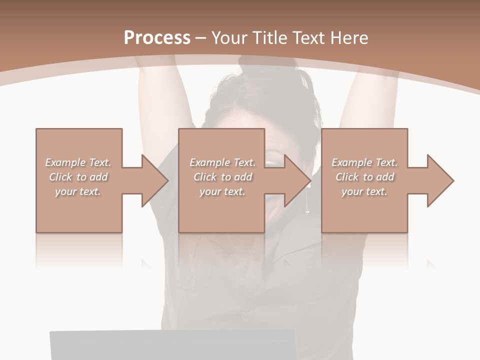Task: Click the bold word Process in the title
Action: click(157, 38)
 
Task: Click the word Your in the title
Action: click(230, 38)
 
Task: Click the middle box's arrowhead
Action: click(296, 180)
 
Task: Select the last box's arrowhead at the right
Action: click(439, 180)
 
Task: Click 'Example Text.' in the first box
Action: click(78, 162)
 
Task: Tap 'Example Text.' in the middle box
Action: click(222, 162)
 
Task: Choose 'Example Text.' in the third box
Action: click(364, 162)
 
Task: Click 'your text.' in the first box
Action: click(78, 191)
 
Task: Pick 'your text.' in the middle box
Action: click(222, 191)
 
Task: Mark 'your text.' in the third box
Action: click(364, 191)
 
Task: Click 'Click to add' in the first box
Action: click(78, 177)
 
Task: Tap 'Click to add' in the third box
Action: click(364, 177)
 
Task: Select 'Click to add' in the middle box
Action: click(222, 177)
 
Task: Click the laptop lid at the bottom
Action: click(172, 345)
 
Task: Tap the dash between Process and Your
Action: click(201, 38)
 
